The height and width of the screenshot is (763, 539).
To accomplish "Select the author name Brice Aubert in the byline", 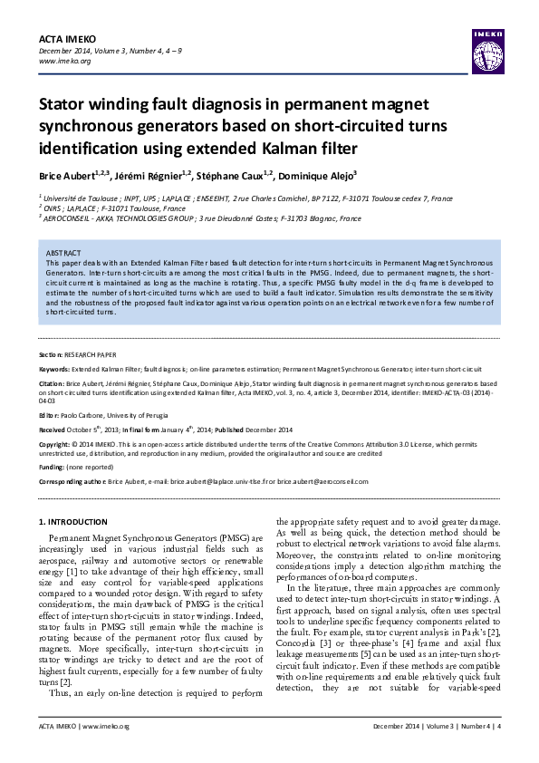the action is click(x=64, y=173).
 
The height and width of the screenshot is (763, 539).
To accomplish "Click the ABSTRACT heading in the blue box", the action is click(x=63, y=252).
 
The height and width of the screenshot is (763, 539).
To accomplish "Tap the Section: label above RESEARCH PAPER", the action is click(x=51, y=354).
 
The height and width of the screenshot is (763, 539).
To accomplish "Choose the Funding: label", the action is click(x=53, y=468).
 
